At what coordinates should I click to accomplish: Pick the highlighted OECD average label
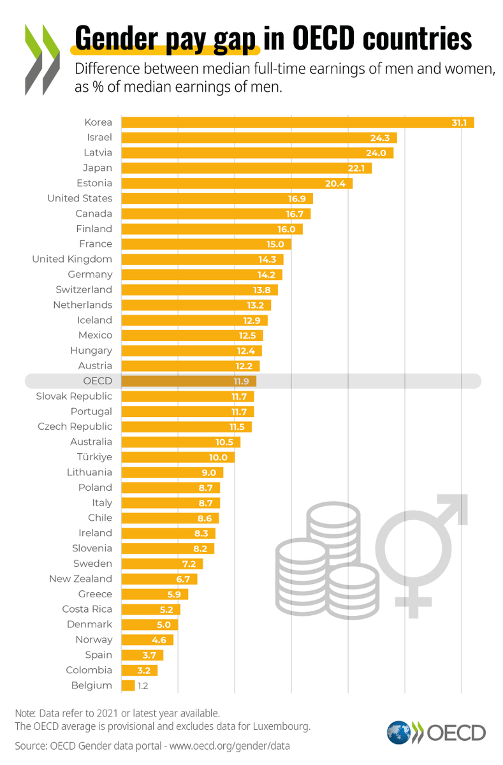tap(98, 381)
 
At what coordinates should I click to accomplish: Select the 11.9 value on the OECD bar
tap(244, 381)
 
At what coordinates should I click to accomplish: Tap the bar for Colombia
tap(138, 670)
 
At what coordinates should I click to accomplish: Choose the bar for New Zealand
tap(159, 579)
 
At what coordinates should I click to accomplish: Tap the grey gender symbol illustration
tap(423, 550)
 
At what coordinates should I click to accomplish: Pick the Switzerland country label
tap(84, 289)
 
